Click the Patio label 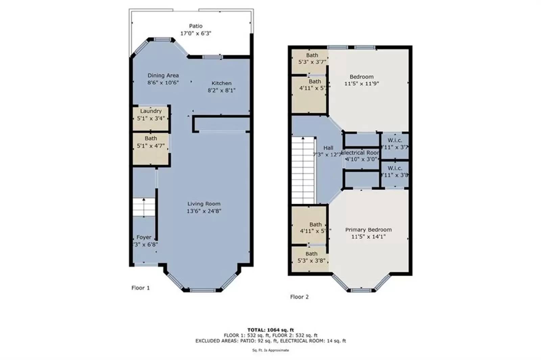click(196, 26)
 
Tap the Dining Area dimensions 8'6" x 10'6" click(163, 82)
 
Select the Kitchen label click(221, 83)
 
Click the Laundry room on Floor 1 click(151, 115)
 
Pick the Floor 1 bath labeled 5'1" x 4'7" click(151, 142)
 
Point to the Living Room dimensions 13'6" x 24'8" click(204, 211)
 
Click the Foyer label click(144, 237)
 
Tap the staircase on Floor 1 click(144, 207)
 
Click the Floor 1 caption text click(140, 288)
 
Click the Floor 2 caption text click(299, 297)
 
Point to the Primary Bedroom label click(368, 230)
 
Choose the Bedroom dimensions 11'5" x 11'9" click(361, 83)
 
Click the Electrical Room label click(360, 153)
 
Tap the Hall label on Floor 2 click(328, 148)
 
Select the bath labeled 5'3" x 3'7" click(312, 58)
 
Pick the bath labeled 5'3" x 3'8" click(311, 257)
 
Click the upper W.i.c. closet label click(395, 140)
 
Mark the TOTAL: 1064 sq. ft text click(270, 330)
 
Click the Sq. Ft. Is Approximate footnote click(270, 350)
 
